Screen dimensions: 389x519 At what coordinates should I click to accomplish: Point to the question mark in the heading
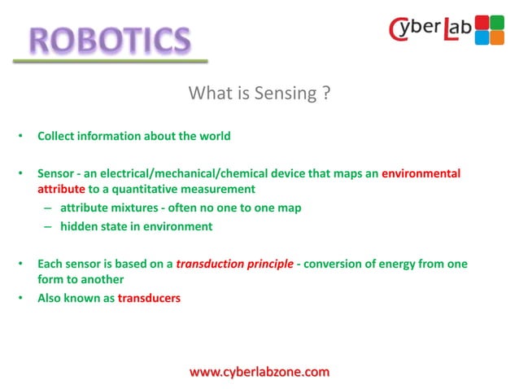pyautogui.click(x=325, y=93)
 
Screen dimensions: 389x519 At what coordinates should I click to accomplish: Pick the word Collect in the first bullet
pyautogui.click(x=58, y=136)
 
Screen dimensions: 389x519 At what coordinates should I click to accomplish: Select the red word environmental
pyautogui.click(x=421, y=173)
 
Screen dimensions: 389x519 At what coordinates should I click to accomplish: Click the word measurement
pyautogui.click(x=220, y=189)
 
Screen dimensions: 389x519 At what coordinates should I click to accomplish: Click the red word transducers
pyautogui.click(x=149, y=298)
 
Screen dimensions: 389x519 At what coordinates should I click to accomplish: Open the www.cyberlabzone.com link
pyautogui.click(x=259, y=372)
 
